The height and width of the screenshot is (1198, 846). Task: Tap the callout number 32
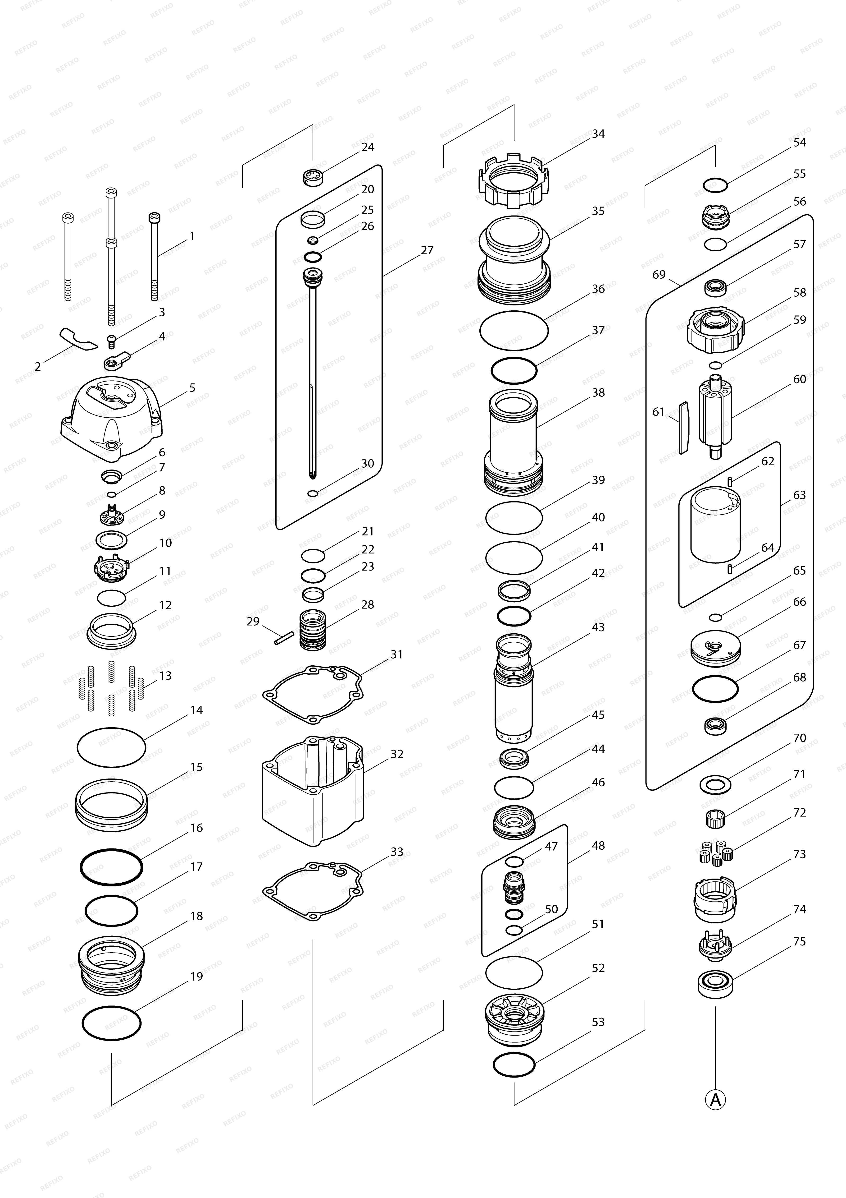click(397, 754)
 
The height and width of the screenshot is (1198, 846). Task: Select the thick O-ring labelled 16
click(111, 867)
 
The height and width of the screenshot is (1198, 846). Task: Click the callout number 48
click(598, 845)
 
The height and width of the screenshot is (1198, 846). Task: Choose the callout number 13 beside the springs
click(165, 676)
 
